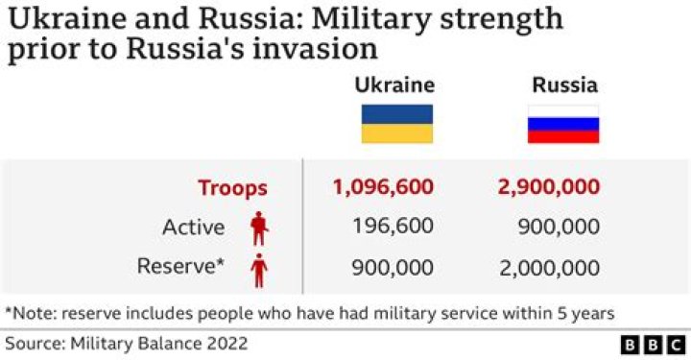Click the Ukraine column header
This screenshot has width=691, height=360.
pos(395,85)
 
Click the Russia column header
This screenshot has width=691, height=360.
pos(564,85)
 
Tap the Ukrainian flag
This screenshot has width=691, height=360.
pos(396,124)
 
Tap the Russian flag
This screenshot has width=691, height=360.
pos(563,124)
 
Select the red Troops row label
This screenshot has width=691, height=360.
pos(232,188)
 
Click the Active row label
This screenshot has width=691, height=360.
pos(193,228)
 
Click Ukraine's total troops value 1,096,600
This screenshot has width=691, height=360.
pos(383,187)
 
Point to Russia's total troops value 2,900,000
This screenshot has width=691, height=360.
pos(549,187)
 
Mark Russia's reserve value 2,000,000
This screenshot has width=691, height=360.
pos(549,266)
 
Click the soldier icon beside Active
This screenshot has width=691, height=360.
pos(259,228)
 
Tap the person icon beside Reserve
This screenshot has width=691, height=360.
pos(259,269)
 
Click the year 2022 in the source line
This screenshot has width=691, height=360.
pos(226,343)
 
